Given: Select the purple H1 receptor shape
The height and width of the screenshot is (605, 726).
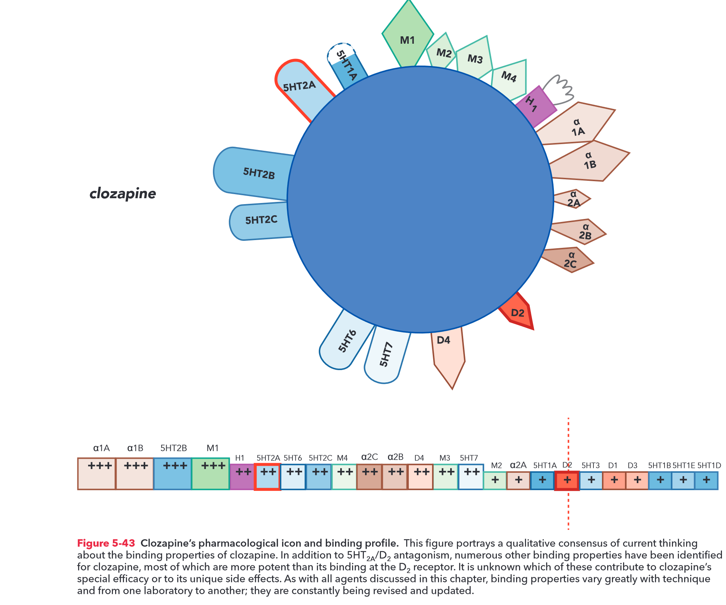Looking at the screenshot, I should (534, 106).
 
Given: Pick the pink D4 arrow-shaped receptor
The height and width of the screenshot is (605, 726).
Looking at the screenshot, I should (447, 352).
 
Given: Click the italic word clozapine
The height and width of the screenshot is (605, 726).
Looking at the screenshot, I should (123, 193).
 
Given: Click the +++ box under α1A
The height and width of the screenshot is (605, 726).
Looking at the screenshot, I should (97, 474).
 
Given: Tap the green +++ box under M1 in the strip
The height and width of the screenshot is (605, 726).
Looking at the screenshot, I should (210, 474).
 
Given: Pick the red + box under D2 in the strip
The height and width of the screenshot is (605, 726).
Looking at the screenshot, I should (567, 481).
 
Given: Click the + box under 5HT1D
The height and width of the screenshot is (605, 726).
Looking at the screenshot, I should (706, 481).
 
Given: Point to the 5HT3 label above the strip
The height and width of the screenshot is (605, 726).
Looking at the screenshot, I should (590, 465).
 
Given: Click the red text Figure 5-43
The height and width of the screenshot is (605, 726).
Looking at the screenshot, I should (106, 543).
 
